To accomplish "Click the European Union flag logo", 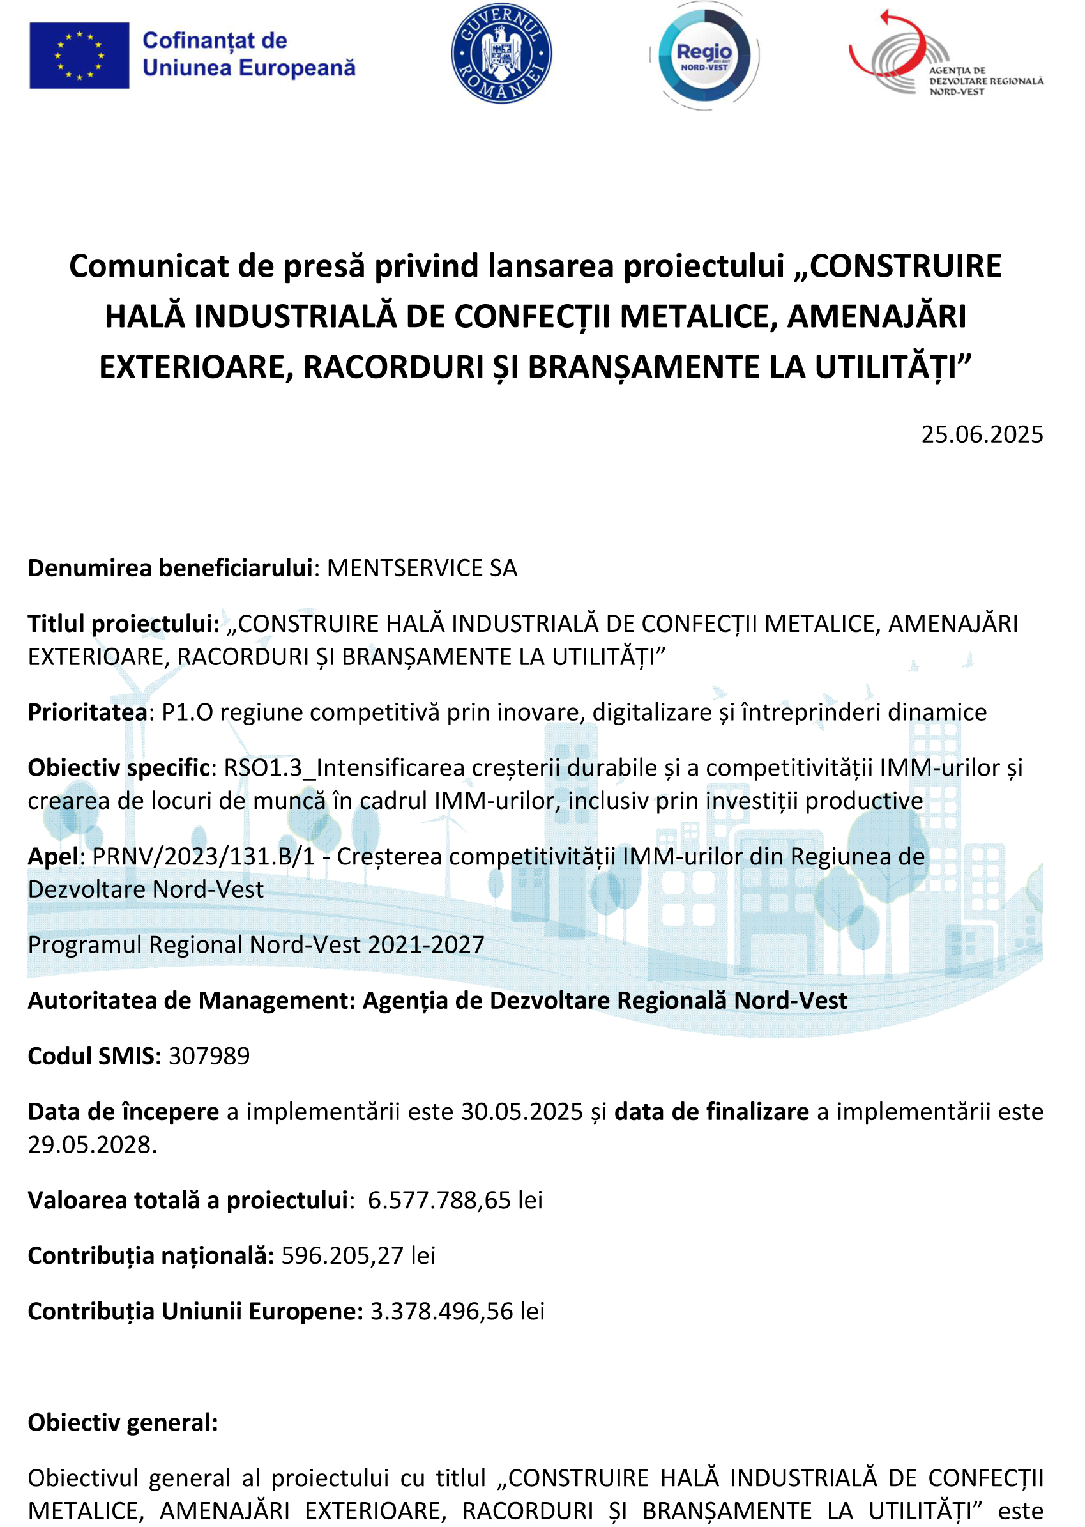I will tap(79, 56).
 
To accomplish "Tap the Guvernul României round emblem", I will tap(501, 54).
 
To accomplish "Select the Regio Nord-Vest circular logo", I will tap(704, 56).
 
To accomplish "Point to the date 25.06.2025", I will tap(982, 435).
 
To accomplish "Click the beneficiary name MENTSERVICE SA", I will tap(421, 568).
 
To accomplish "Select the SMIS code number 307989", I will tap(209, 1056).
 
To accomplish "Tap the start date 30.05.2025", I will tap(522, 1111).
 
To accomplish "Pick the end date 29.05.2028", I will tap(91, 1145).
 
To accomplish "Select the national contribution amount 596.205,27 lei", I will tap(358, 1255).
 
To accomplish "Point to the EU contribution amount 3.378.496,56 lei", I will tap(457, 1311).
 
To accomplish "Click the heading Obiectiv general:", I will tap(123, 1423).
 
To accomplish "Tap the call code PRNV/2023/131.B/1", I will tap(203, 856).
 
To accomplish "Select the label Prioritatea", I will tap(87, 712).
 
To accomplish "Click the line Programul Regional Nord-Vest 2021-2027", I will tap(256, 945).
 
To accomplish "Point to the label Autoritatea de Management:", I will tap(191, 1001).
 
